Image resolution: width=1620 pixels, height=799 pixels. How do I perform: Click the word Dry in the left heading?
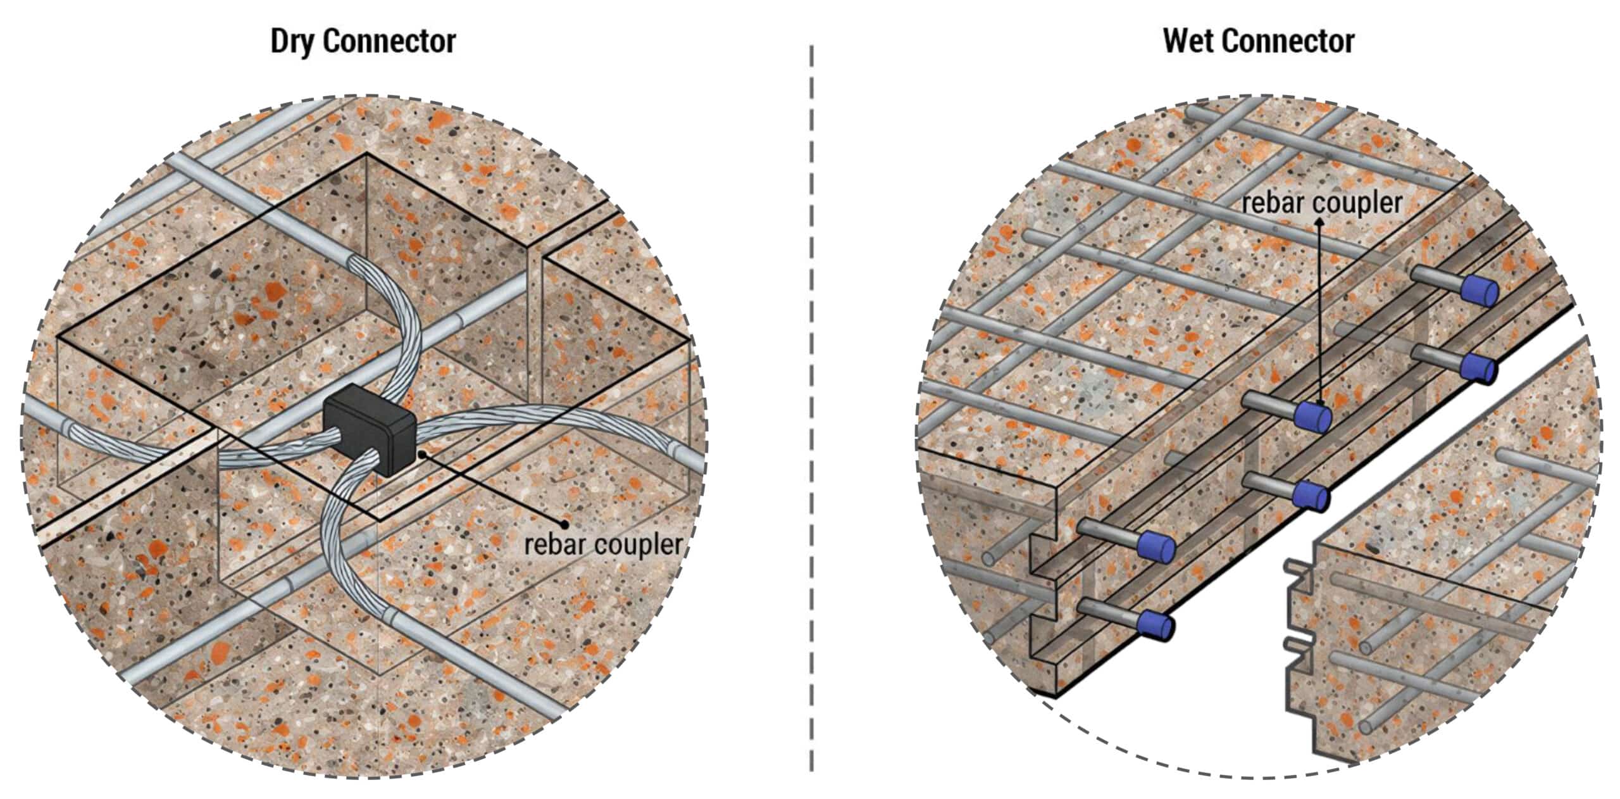pyautogui.click(x=293, y=42)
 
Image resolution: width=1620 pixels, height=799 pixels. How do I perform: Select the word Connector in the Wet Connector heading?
pyautogui.click(x=1288, y=42)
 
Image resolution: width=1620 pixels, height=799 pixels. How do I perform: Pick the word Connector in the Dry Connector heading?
pyautogui.click(x=389, y=42)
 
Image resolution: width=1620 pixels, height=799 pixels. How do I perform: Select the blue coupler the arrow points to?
pyautogui.click(x=1312, y=417)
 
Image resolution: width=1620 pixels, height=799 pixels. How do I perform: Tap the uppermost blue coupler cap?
pyautogui.click(x=1480, y=291)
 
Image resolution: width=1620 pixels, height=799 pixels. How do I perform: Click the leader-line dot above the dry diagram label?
pyautogui.click(x=564, y=523)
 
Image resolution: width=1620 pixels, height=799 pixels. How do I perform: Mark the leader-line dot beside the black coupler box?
pyautogui.click(x=423, y=453)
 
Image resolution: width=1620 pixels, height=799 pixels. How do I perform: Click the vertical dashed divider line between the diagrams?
pyautogui.click(x=811, y=408)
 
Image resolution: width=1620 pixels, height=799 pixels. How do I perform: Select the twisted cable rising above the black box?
pyautogui.click(x=386, y=323)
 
